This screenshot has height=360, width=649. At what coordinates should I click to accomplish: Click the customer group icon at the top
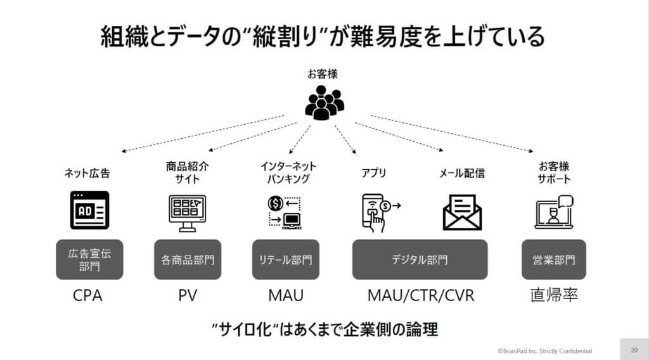coord(324,103)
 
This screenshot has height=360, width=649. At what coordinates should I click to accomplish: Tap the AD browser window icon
coord(89,210)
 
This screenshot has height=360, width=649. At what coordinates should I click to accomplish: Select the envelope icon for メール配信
coord(462,212)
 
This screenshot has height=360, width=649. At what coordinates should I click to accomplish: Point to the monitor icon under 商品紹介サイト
coord(187,213)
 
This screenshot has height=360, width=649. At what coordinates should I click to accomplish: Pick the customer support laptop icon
coord(554,212)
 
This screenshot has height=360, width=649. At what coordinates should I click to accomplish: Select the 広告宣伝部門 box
coord(89,259)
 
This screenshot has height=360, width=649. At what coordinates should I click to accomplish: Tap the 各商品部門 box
coord(188,259)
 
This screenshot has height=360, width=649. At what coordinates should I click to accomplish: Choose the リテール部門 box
coord(286,259)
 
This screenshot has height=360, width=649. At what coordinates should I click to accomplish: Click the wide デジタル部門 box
coord(420,259)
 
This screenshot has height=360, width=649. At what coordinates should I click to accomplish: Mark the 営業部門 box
coord(554,259)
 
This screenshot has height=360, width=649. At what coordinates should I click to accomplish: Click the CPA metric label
coord(87,295)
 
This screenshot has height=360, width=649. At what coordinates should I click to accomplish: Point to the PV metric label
coord(188,295)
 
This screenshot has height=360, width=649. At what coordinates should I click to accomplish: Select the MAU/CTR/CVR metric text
coord(421,295)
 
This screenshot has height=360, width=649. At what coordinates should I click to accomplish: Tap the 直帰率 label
coord(554,295)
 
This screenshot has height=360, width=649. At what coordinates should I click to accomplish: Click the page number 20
coord(634,350)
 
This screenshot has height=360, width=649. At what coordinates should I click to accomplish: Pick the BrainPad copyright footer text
coord(544,351)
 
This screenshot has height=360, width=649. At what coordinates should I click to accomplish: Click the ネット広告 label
coord(87,173)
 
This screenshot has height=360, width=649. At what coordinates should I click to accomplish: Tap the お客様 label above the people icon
coord(323,74)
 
